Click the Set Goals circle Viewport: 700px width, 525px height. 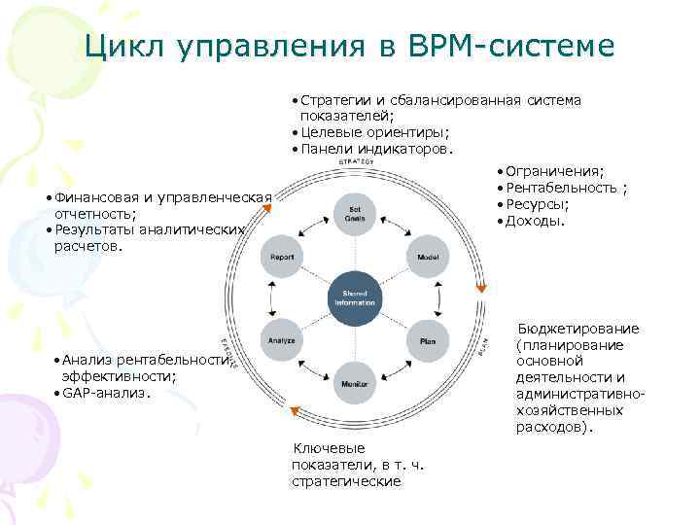coord(354,214)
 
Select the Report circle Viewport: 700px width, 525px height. coord(283,257)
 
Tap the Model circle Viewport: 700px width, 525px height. coord(428,257)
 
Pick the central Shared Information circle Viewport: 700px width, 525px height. coord(354,297)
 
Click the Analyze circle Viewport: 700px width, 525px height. coord(282,341)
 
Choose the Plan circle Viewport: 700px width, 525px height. coord(428,341)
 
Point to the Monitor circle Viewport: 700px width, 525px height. coord(354,384)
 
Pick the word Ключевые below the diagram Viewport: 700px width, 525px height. coord(330,448)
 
